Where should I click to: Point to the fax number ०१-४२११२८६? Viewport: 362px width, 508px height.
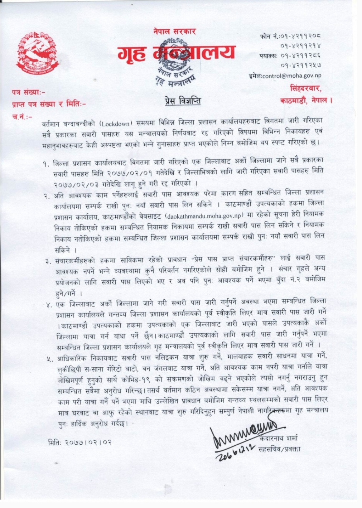pos(301,56)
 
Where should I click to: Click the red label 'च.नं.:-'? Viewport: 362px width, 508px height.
pos(22,116)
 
